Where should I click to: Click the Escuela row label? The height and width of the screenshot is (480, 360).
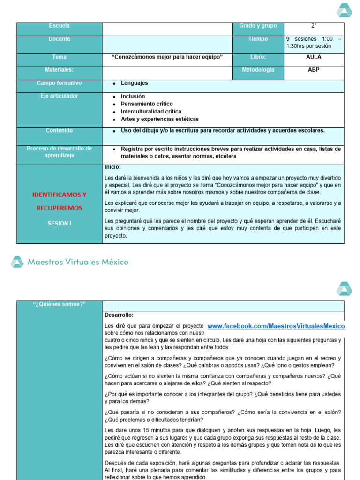pyautogui.click(x=59, y=26)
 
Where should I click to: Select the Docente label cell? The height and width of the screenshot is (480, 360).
pyautogui.click(x=59, y=39)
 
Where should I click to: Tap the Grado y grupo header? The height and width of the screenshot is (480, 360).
pyautogui.click(x=258, y=26)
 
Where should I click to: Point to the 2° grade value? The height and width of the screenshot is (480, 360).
pyautogui.click(x=314, y=26)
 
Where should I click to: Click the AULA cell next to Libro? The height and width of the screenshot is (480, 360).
pyautogui.click(x=314, y=57)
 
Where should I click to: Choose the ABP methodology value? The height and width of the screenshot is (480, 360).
pyautogui.click(x=314, y=70)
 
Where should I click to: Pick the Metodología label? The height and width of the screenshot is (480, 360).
pyautogui.click(x=258, y=70)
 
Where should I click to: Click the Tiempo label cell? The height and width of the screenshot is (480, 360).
pyautogui.click(x=258, y=39)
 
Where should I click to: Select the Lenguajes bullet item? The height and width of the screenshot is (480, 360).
pyautogui.click(x=134, y=83)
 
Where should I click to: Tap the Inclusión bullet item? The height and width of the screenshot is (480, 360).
pyautogui.click(x=133, y=96)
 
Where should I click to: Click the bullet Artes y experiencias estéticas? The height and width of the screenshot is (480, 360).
pyautogui.click(x=159, y=119)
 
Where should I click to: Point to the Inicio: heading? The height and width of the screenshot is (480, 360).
pyautogui.click(x=112, y=167)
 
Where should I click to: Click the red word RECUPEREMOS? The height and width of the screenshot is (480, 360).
pyautogui.click(x=59, y=208)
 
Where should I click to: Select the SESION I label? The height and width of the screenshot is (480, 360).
pyautogui.click(x=59, y=224)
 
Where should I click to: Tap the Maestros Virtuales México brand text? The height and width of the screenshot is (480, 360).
pyautogui.click(x=78, y=262)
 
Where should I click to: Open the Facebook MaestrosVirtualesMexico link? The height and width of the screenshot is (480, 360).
pyautogui.click(x=276, y=326)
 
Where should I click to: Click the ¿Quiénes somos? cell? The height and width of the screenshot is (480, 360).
pyautogui.click(x=59, y=304)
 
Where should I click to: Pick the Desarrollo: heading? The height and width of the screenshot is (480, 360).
pyautogui.click(x=119, y=315)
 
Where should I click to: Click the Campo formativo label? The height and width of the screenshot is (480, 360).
pyautogui.click(x=59, y=83)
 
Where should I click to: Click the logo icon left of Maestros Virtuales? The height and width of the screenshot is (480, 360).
pyautogui.click(x=17, y=262)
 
